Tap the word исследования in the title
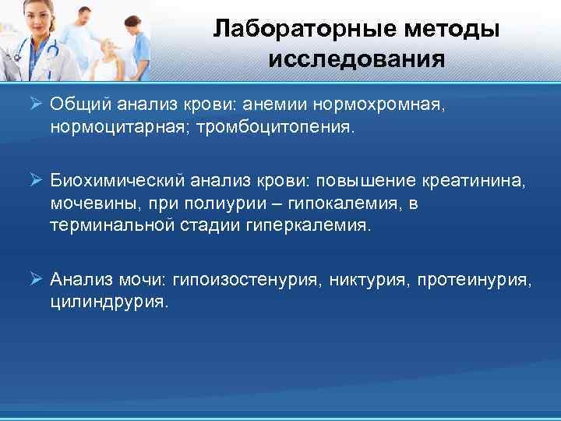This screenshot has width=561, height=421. [x=357, y=59]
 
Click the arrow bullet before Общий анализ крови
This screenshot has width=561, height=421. [x=37, y=104]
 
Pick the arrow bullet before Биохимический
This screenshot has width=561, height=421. [x=37, y=182]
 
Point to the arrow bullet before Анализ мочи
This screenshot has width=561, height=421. [x=37, y=279]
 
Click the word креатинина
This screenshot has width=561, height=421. [x=474, y=182]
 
